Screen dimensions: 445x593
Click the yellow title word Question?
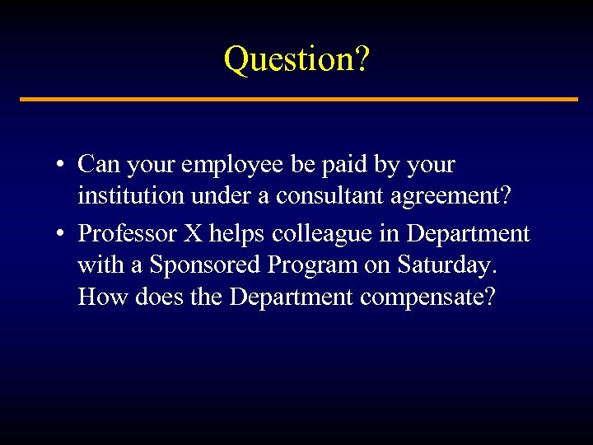pyautogui.click(x=296, y=59)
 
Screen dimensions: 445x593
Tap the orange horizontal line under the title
pyautogui.click(x=296, y=99)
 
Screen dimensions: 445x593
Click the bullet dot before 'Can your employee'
pyautogui.click(x=61, y=165)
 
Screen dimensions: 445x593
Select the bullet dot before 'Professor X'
pyautogui.click(x=61, y=234)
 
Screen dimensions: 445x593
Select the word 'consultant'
pyautogui.click(x=330, y=199)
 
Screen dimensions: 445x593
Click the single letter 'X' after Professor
pyautogui.click(x=192, y=233)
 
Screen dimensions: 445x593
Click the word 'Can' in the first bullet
pyautogui.click(x=98, y=164)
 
